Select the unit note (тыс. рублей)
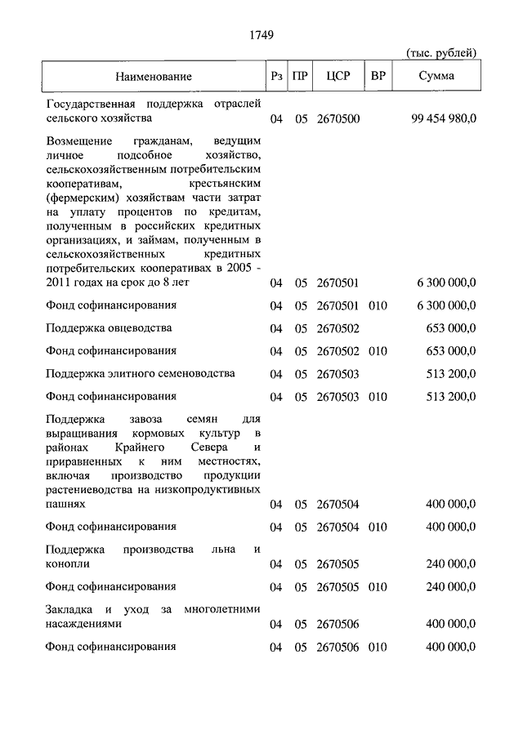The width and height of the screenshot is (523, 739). [441, 53]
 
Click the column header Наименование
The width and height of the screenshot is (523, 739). [154, 77]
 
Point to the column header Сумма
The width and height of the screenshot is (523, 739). [437, 77]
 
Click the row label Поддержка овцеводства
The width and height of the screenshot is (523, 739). [110, 328]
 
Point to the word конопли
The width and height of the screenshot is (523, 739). [69, 563]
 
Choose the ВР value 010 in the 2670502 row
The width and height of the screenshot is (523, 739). [377, 351]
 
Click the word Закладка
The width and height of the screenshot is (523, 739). [70, 609]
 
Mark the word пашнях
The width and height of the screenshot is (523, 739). [66, 505]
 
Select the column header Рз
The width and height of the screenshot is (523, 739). [277, 77]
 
